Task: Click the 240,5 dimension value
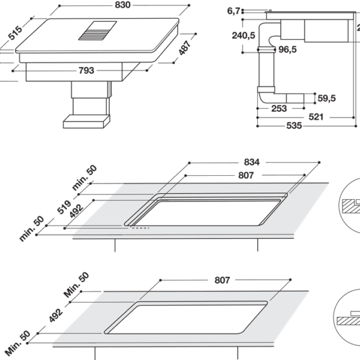pos(244,35)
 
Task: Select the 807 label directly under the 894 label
pos(230,174)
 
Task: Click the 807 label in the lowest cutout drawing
pos(223,280)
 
